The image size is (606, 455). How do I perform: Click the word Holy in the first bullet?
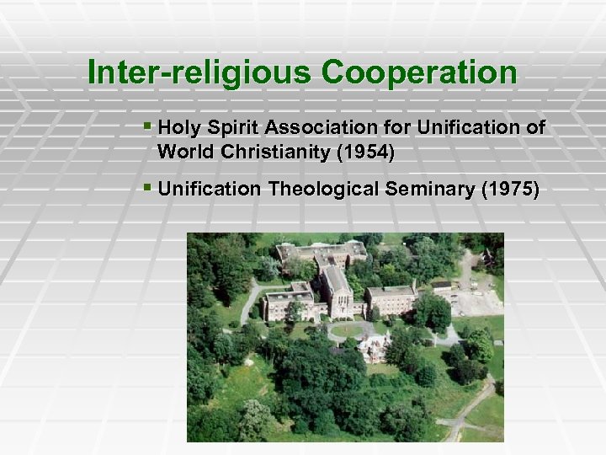pyautogui.click(x=175, y=128)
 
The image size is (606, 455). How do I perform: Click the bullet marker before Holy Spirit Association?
pyautogui.click(x=147, y=127)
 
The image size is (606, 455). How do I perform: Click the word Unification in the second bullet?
pyautogui.click(x=210, y=190)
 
